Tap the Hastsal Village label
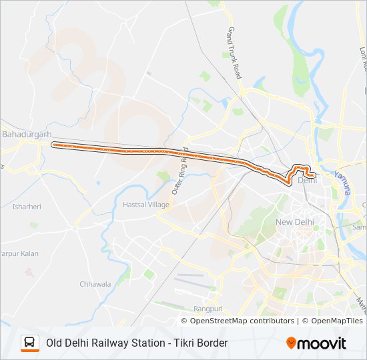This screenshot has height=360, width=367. (146, 205)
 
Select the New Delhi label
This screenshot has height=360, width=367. (294, 221)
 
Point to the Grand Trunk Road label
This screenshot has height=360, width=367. (234, 53)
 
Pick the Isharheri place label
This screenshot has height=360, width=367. (27, 207)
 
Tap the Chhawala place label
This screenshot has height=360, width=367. (95, 284)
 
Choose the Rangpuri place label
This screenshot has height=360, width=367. (208, 309)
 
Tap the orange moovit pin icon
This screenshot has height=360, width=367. (292, 343)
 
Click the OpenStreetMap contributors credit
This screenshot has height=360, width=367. (242, 321)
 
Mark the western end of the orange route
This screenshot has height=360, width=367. (54, 144)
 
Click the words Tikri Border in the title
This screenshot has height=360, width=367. (200, 343)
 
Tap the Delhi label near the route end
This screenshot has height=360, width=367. (307, 180)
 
